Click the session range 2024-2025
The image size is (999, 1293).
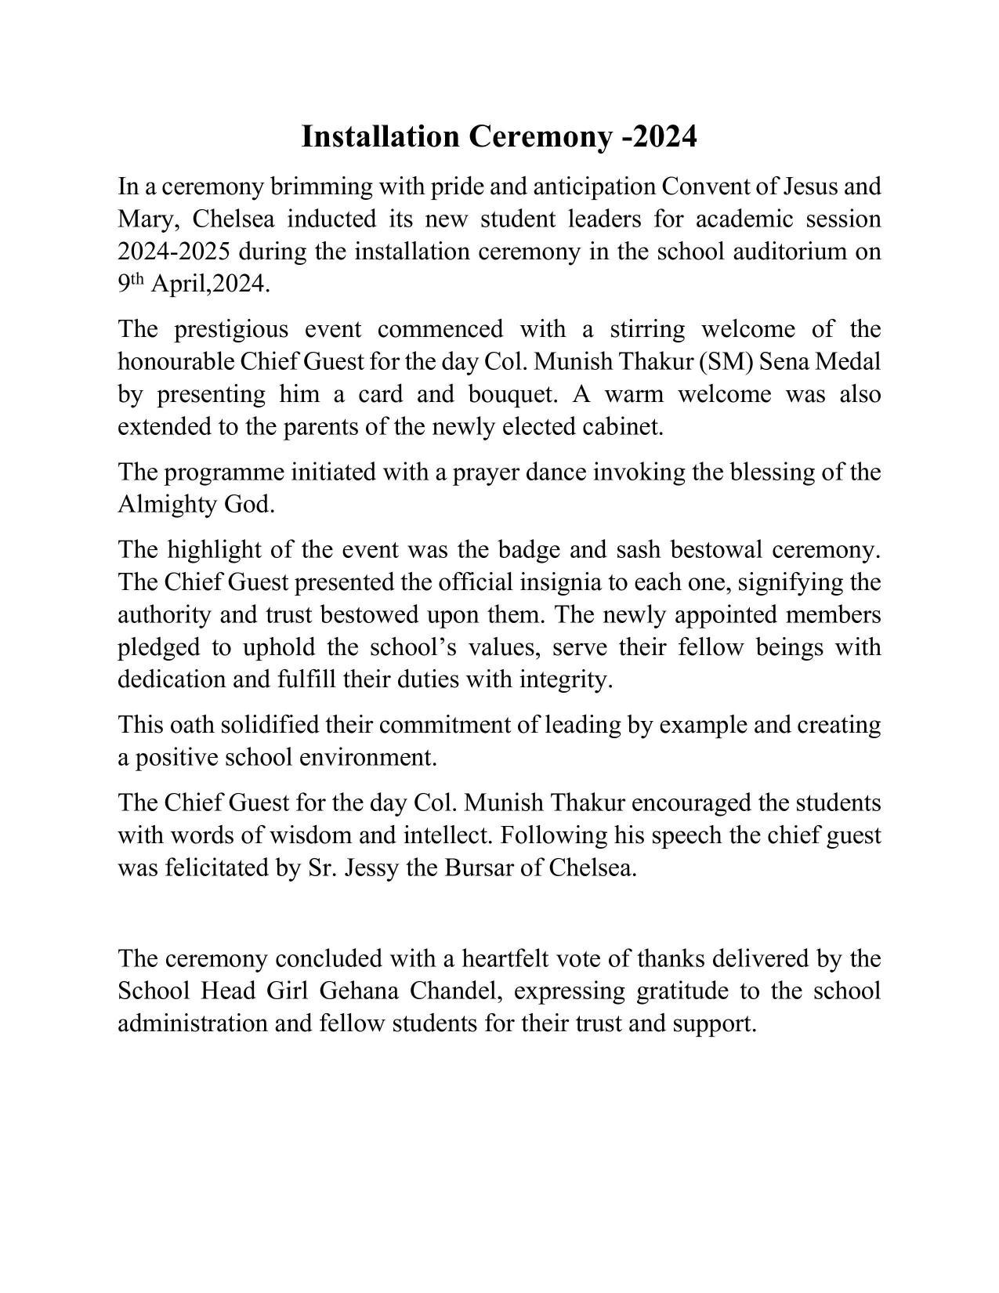[x=173, y=252]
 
